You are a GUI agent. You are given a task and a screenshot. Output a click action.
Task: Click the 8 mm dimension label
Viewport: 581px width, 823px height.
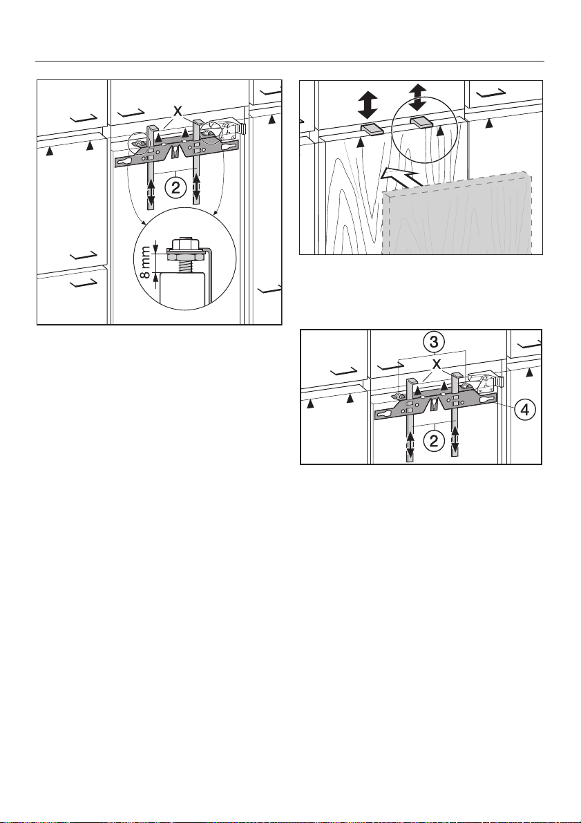[x=147, y=261]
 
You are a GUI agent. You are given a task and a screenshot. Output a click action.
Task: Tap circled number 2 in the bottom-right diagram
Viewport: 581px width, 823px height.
[x=434, y=440]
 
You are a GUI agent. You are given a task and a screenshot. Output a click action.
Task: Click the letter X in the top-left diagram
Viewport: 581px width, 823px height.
[x=178, y=111]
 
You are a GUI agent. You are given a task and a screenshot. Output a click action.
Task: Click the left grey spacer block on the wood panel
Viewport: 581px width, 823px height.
[x=372, y=130]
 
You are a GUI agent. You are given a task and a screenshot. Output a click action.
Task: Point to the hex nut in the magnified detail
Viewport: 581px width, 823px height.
[x=187, y=253]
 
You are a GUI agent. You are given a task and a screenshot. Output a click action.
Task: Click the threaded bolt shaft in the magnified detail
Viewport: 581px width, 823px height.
[x=187, y=265]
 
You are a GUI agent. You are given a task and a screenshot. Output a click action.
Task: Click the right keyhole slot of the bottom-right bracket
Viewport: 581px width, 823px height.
[x=486, y=400]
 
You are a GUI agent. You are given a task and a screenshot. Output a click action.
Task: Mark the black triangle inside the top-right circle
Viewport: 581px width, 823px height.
[x=440, y=130]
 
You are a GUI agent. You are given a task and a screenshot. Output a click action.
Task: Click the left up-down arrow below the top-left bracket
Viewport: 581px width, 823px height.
[x=151, y=194]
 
